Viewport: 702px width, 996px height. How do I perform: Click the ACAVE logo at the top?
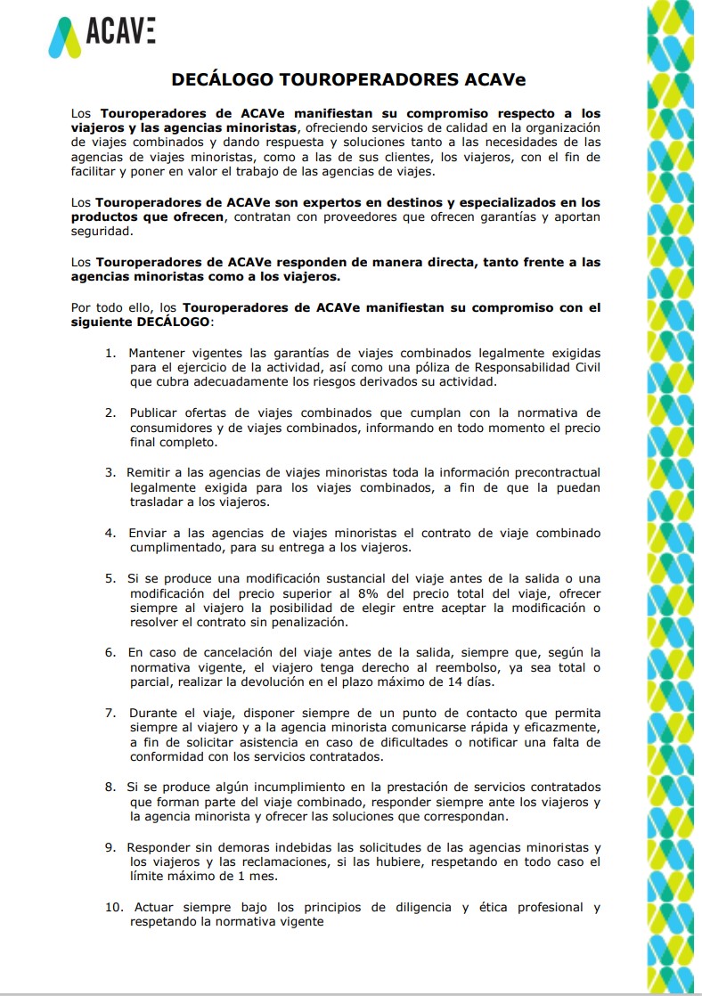[102, 35]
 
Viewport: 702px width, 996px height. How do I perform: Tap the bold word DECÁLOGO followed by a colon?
[174, 321]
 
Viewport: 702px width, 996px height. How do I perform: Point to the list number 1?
[110, 352]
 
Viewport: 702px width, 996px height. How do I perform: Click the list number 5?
[110, 578]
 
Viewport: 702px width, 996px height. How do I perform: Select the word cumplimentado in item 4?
[181, 548]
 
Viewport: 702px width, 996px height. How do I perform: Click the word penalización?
[306, 622]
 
